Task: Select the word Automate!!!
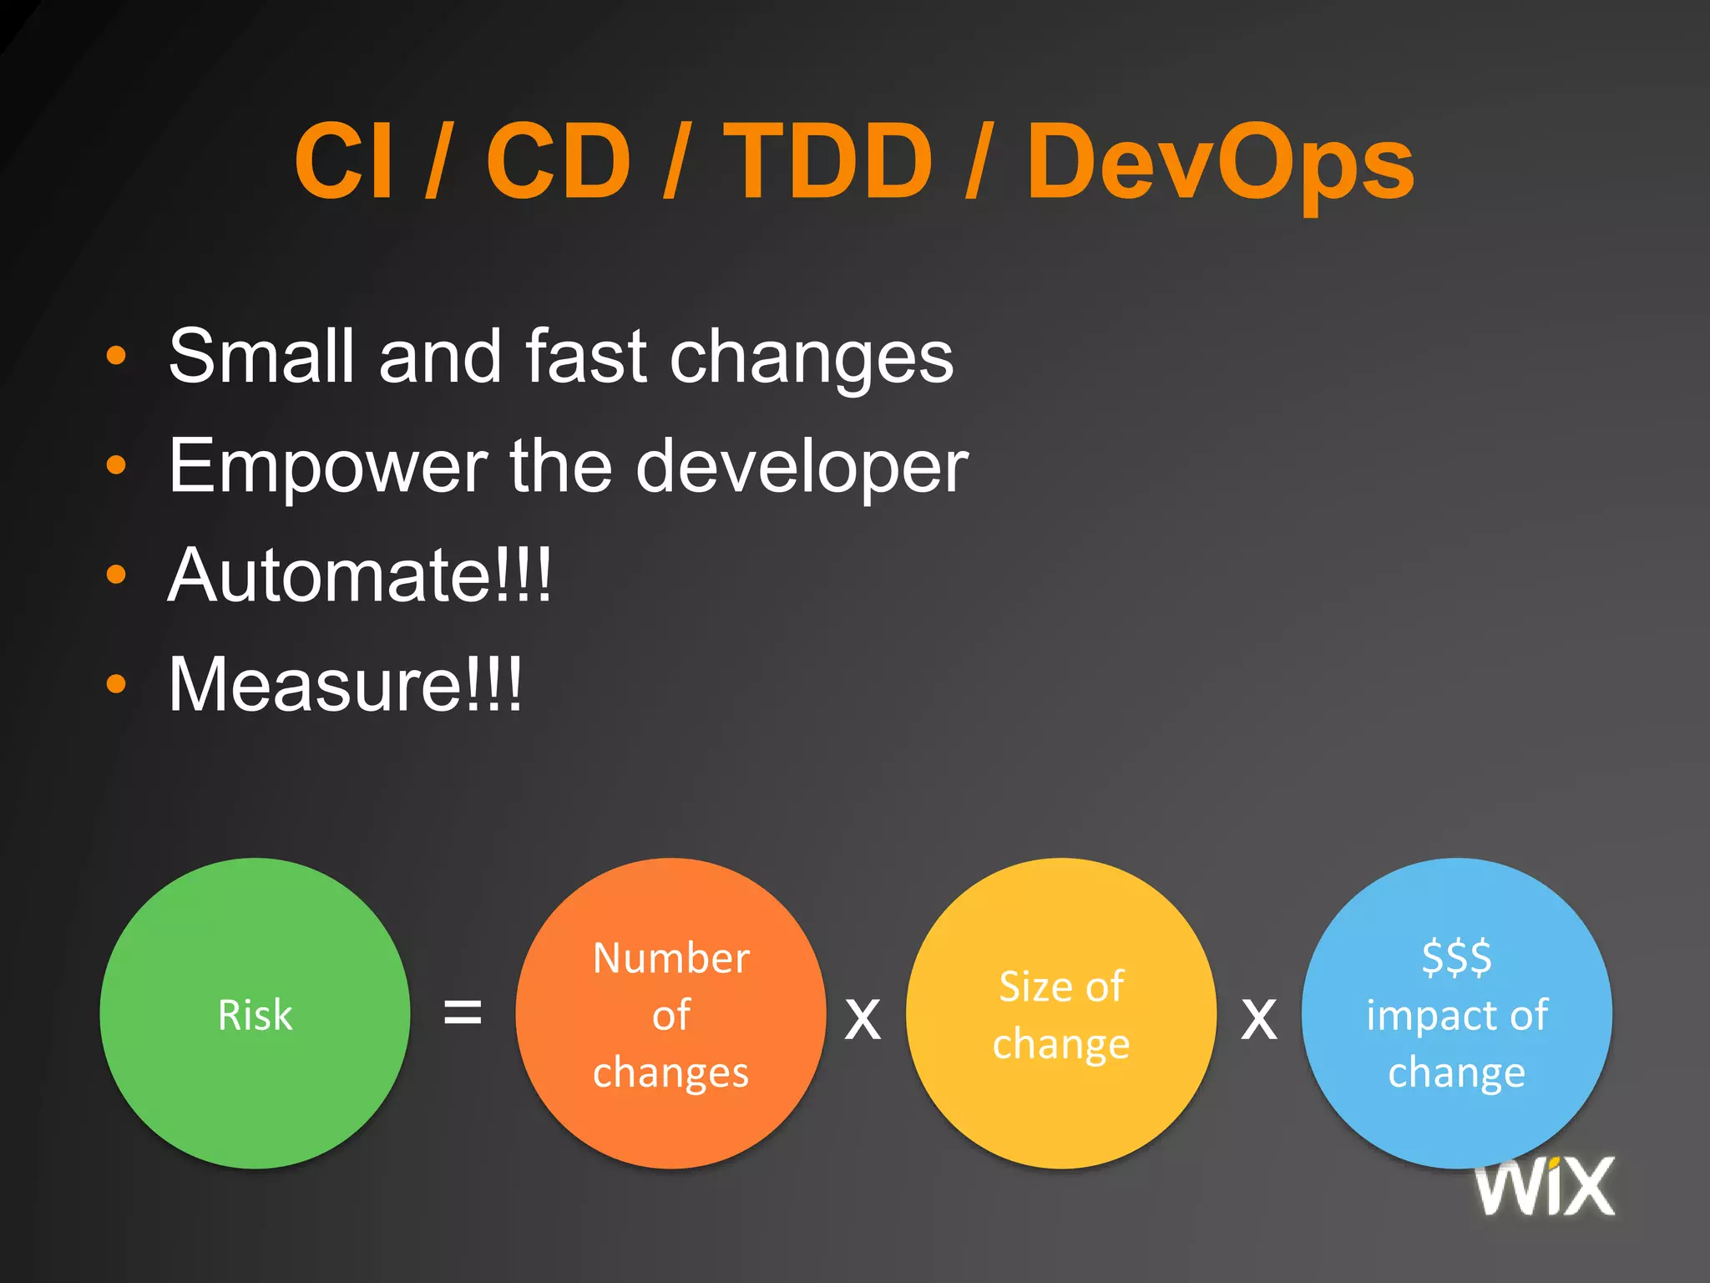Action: [360, 576]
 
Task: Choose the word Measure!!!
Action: [345, 685]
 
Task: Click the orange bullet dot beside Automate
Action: [116, 575]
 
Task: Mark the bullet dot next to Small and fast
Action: [116, 356]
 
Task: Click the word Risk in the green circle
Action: [255, 1015]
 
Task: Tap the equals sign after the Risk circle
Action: [462, 1012]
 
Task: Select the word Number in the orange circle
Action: [670, 958]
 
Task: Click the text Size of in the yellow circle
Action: [1060, 986]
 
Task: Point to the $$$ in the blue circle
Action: [1456, 957]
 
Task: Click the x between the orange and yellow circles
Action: [863, 1019]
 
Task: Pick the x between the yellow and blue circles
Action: [1258, 1019]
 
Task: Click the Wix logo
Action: [1545, 1186]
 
